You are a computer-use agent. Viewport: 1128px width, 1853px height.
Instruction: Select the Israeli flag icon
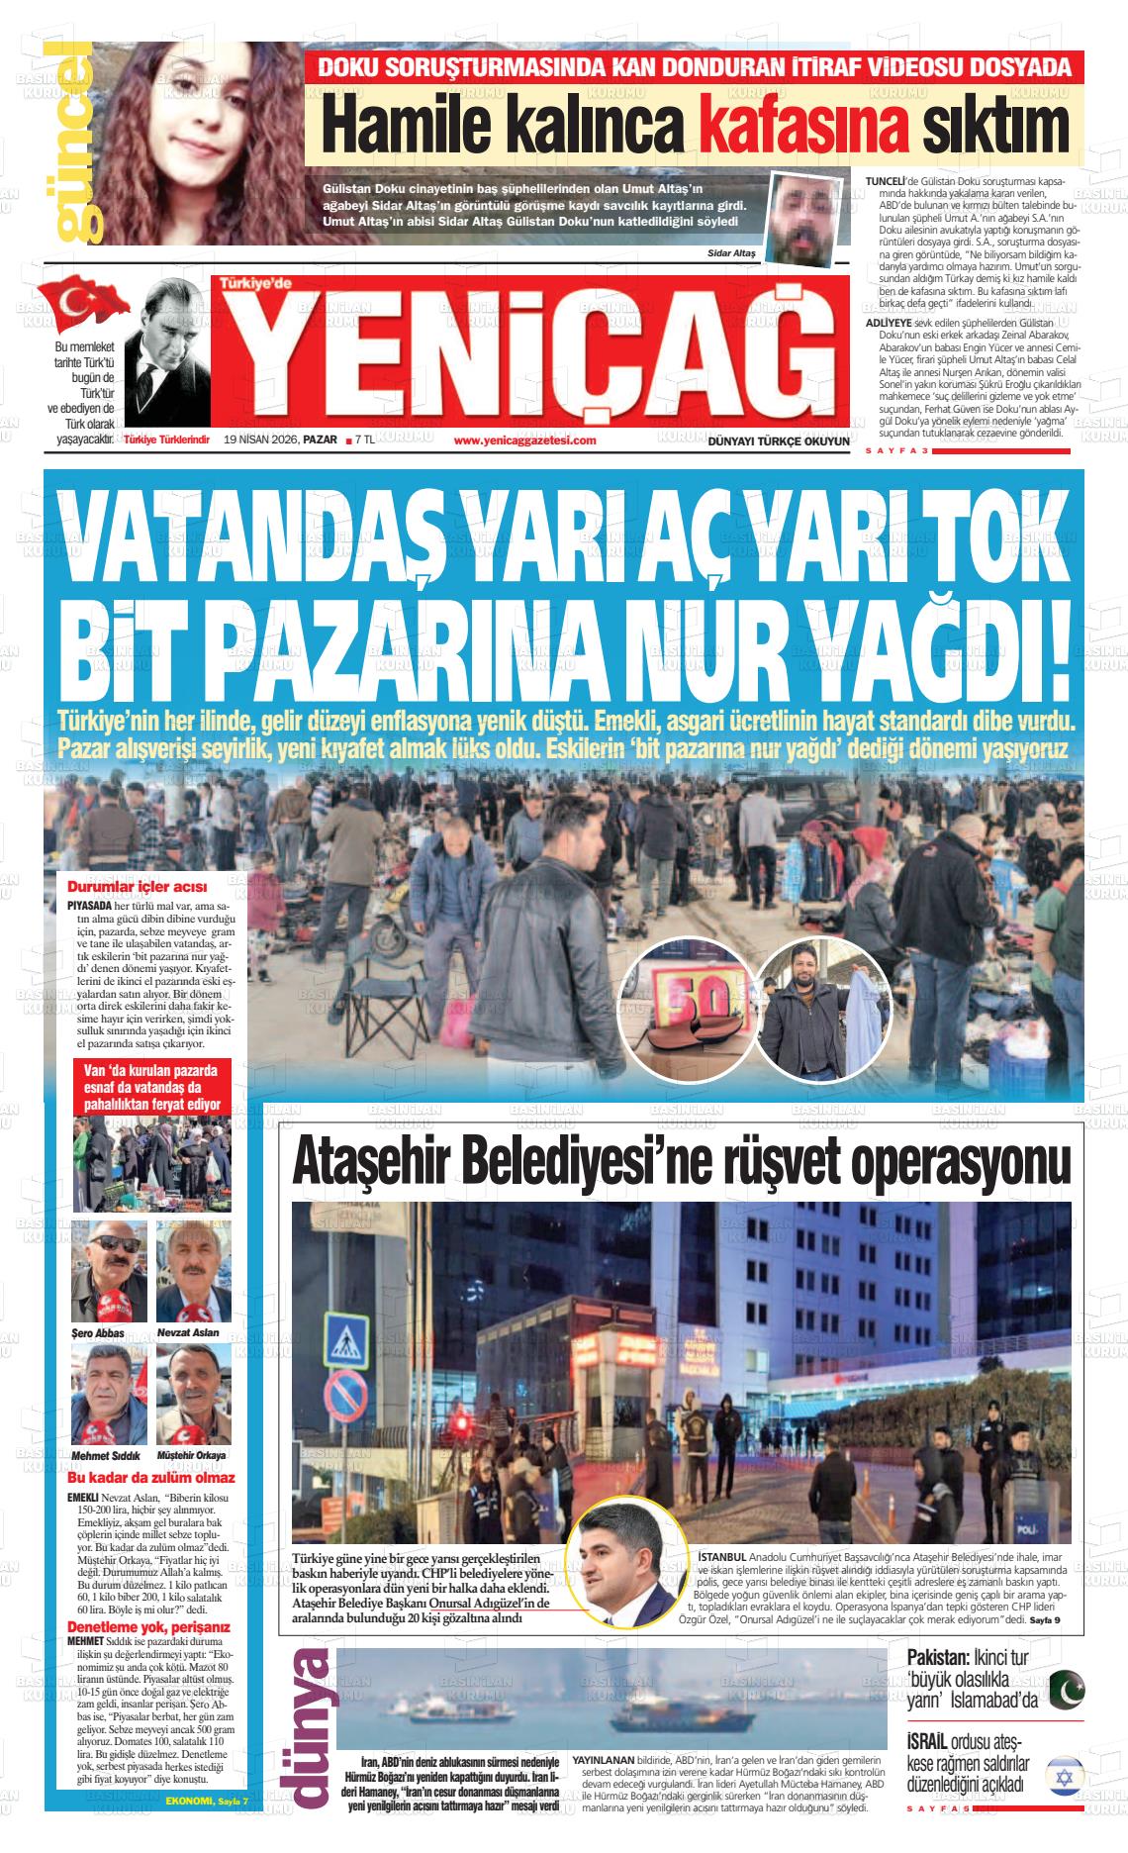(1065, 1777)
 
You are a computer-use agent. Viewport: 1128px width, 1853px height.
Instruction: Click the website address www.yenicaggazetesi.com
(524, 440)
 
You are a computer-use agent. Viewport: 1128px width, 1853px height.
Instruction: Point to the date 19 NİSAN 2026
(261, 440)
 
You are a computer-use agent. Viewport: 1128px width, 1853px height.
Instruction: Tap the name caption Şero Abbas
(98, 1333)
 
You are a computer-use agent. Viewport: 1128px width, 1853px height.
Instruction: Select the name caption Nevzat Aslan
(188, 1333)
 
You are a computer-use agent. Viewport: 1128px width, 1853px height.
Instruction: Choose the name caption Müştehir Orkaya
(192, 1455)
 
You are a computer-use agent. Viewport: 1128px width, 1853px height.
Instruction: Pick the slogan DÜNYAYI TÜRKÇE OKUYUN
(779, 441)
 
